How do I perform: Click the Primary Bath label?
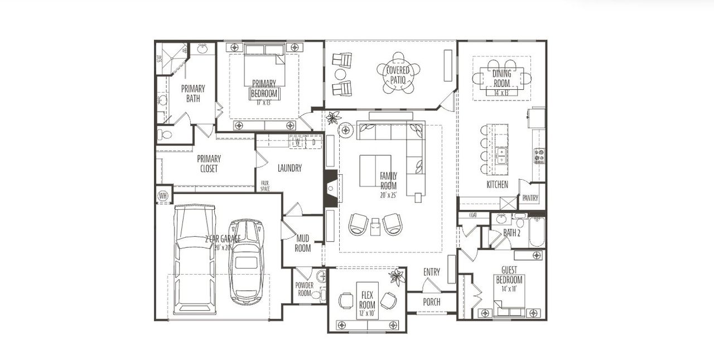(x=193, y=93)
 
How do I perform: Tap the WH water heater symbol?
(x=163, y=196)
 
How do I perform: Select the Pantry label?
(x=530, y=198)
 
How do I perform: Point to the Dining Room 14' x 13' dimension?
(x=501, y=93)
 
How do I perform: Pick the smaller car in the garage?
(x=246, y=261)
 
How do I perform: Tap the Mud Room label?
(x=303, y=243)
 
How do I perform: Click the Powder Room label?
(x=305, y=289)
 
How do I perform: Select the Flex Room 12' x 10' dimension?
(x=366, y=314)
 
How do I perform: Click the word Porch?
(x=431, y=302)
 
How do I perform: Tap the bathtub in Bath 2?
(x=537, y=233)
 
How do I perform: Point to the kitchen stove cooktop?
(x=539, y=156)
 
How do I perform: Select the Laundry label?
(x=290, y=168)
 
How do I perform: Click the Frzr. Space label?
(x=265, y=186)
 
